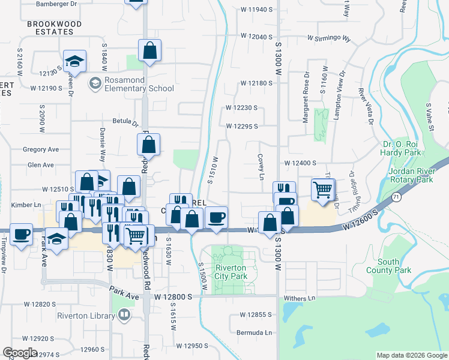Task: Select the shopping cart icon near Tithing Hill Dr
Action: click(x=323, y=190)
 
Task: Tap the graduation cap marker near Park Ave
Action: click(x=57, y=241)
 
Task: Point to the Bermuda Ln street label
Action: click(x=255, y=332)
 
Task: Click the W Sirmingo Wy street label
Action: click(x=328, y=37)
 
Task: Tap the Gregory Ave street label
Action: click(x=40, y=149)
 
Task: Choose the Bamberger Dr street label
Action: click(x=57, y=4)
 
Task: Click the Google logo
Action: click(x=20, y=353)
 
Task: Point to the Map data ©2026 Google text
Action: click(x=412, y=355)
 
